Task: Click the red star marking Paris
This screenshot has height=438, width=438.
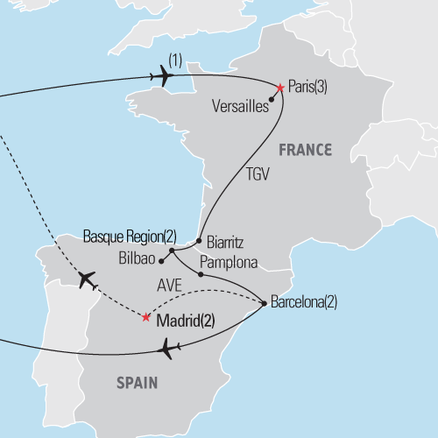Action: (x=280, y=88)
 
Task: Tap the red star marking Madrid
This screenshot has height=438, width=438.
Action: (x=145, y=317)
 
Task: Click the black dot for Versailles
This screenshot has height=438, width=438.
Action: (x=272, y=99)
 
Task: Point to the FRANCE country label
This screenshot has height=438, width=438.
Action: (x=305, y=150)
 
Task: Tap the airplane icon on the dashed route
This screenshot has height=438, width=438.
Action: (x=87, y=280)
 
